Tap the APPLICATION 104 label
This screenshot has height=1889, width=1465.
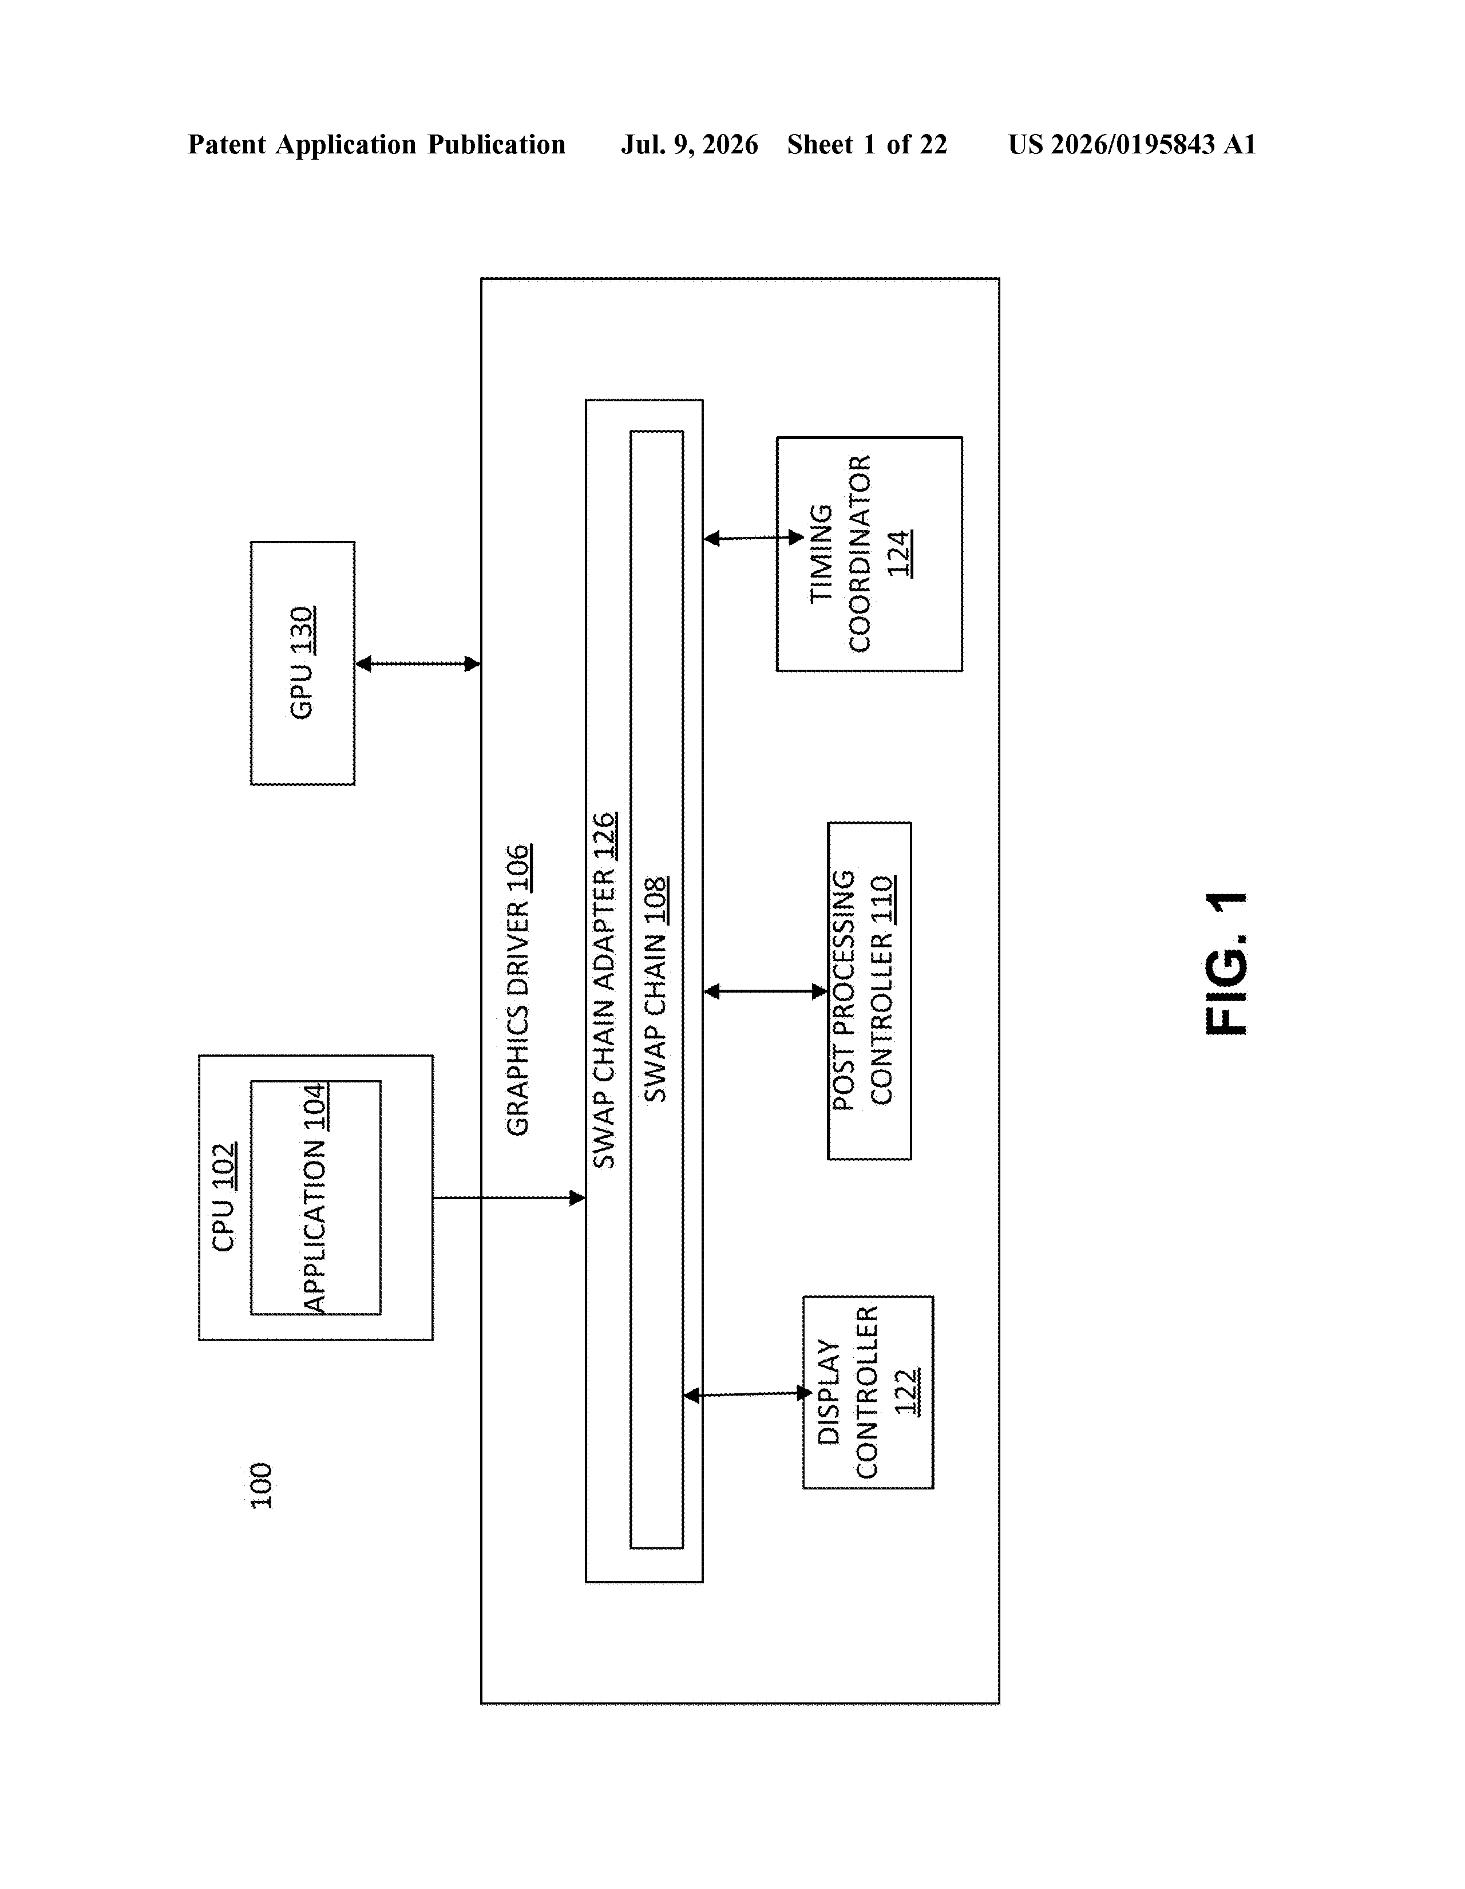315,1198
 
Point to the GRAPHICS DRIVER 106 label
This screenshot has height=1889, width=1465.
518,990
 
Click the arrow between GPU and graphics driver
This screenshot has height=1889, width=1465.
418,663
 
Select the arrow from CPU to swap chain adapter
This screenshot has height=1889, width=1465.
509,1198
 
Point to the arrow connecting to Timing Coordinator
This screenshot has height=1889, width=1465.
754,538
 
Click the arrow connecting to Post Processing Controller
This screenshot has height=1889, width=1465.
765,991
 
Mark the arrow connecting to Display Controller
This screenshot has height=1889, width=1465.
747,1394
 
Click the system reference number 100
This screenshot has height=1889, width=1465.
261,1486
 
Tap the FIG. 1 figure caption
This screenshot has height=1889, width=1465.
1226,963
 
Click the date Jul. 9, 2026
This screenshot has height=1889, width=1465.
689,144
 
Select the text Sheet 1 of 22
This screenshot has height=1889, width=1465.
866,144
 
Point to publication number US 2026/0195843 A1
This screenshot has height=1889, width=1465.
1132,144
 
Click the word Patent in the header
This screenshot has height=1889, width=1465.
227,144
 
